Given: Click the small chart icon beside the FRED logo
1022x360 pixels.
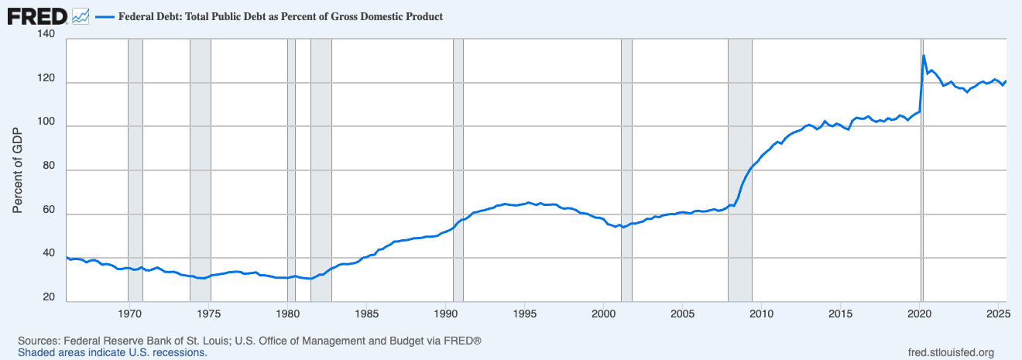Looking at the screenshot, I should coord(80,15).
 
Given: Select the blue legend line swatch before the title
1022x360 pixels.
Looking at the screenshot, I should coord(105,16).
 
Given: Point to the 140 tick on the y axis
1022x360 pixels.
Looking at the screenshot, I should coord(46,36).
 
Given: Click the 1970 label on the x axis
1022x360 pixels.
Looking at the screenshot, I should coord(129,314).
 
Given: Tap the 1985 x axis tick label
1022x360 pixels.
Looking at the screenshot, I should coord(367,314).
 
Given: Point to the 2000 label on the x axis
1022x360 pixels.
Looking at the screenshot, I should coord(604,314).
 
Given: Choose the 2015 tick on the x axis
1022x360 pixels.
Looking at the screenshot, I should coord(841,314).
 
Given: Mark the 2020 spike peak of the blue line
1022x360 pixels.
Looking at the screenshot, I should coord(924,56).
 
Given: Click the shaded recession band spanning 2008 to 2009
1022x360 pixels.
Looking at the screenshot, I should coord(740,170).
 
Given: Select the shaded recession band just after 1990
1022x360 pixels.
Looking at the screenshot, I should coord(458,170).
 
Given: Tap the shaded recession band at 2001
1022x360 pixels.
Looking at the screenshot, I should coord(626,170).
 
